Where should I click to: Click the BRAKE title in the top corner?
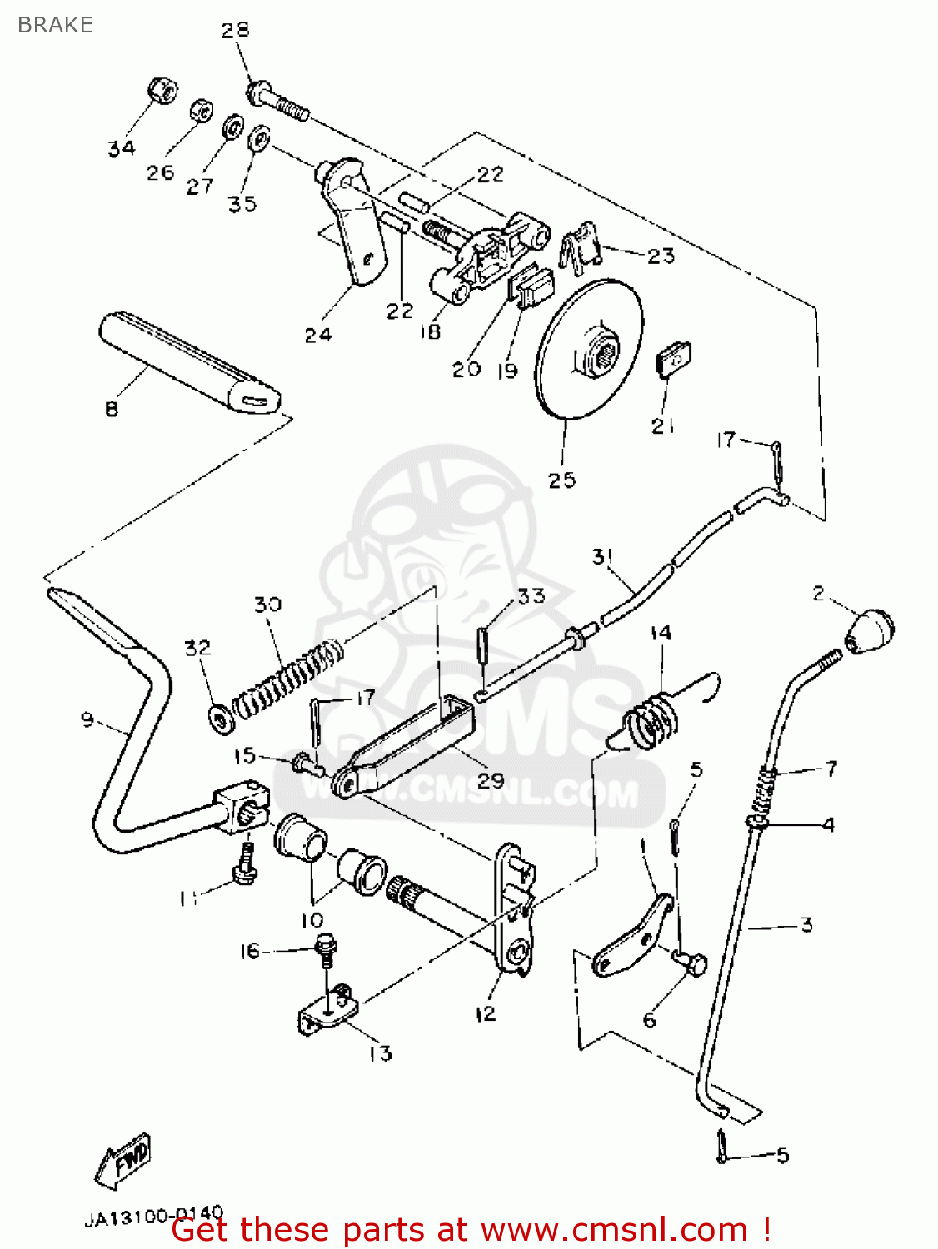point(55,25)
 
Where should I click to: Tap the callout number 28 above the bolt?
point(235,31)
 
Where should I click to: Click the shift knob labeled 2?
point(870,631)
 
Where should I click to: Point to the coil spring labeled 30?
point(288,675)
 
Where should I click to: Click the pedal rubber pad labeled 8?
point(187,361)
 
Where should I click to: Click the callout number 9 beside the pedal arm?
point(87,719)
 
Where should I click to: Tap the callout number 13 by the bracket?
point(380,1053)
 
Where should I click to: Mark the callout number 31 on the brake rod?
point(603,556)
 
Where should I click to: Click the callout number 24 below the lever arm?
point(317,335)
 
